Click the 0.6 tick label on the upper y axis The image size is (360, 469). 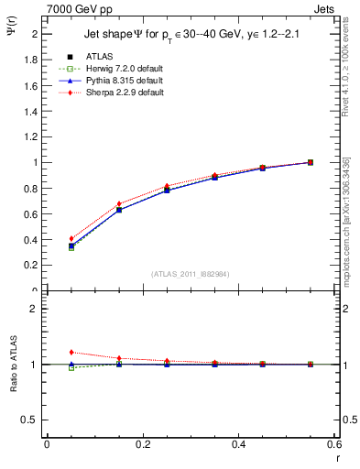[x=30, y=213]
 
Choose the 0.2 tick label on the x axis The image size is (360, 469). [x=142, y=443]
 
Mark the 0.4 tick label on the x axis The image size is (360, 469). [x=238, y=443]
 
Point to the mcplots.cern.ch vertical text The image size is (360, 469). [x=345, y=229]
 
